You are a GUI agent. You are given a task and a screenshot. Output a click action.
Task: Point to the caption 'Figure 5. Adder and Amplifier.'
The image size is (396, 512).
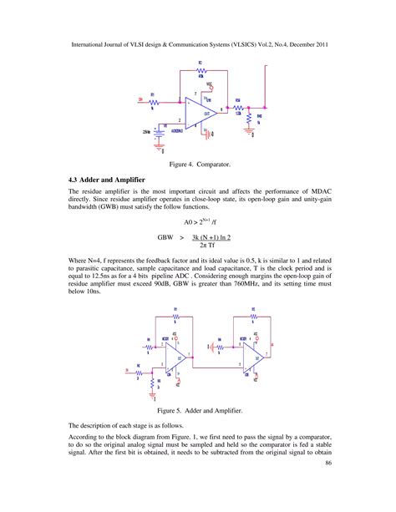[x=198, y=411]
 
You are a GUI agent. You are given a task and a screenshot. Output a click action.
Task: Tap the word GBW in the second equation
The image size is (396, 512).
[x=167, y=237]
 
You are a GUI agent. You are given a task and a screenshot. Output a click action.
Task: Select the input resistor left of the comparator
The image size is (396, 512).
[x=153, y=99]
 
